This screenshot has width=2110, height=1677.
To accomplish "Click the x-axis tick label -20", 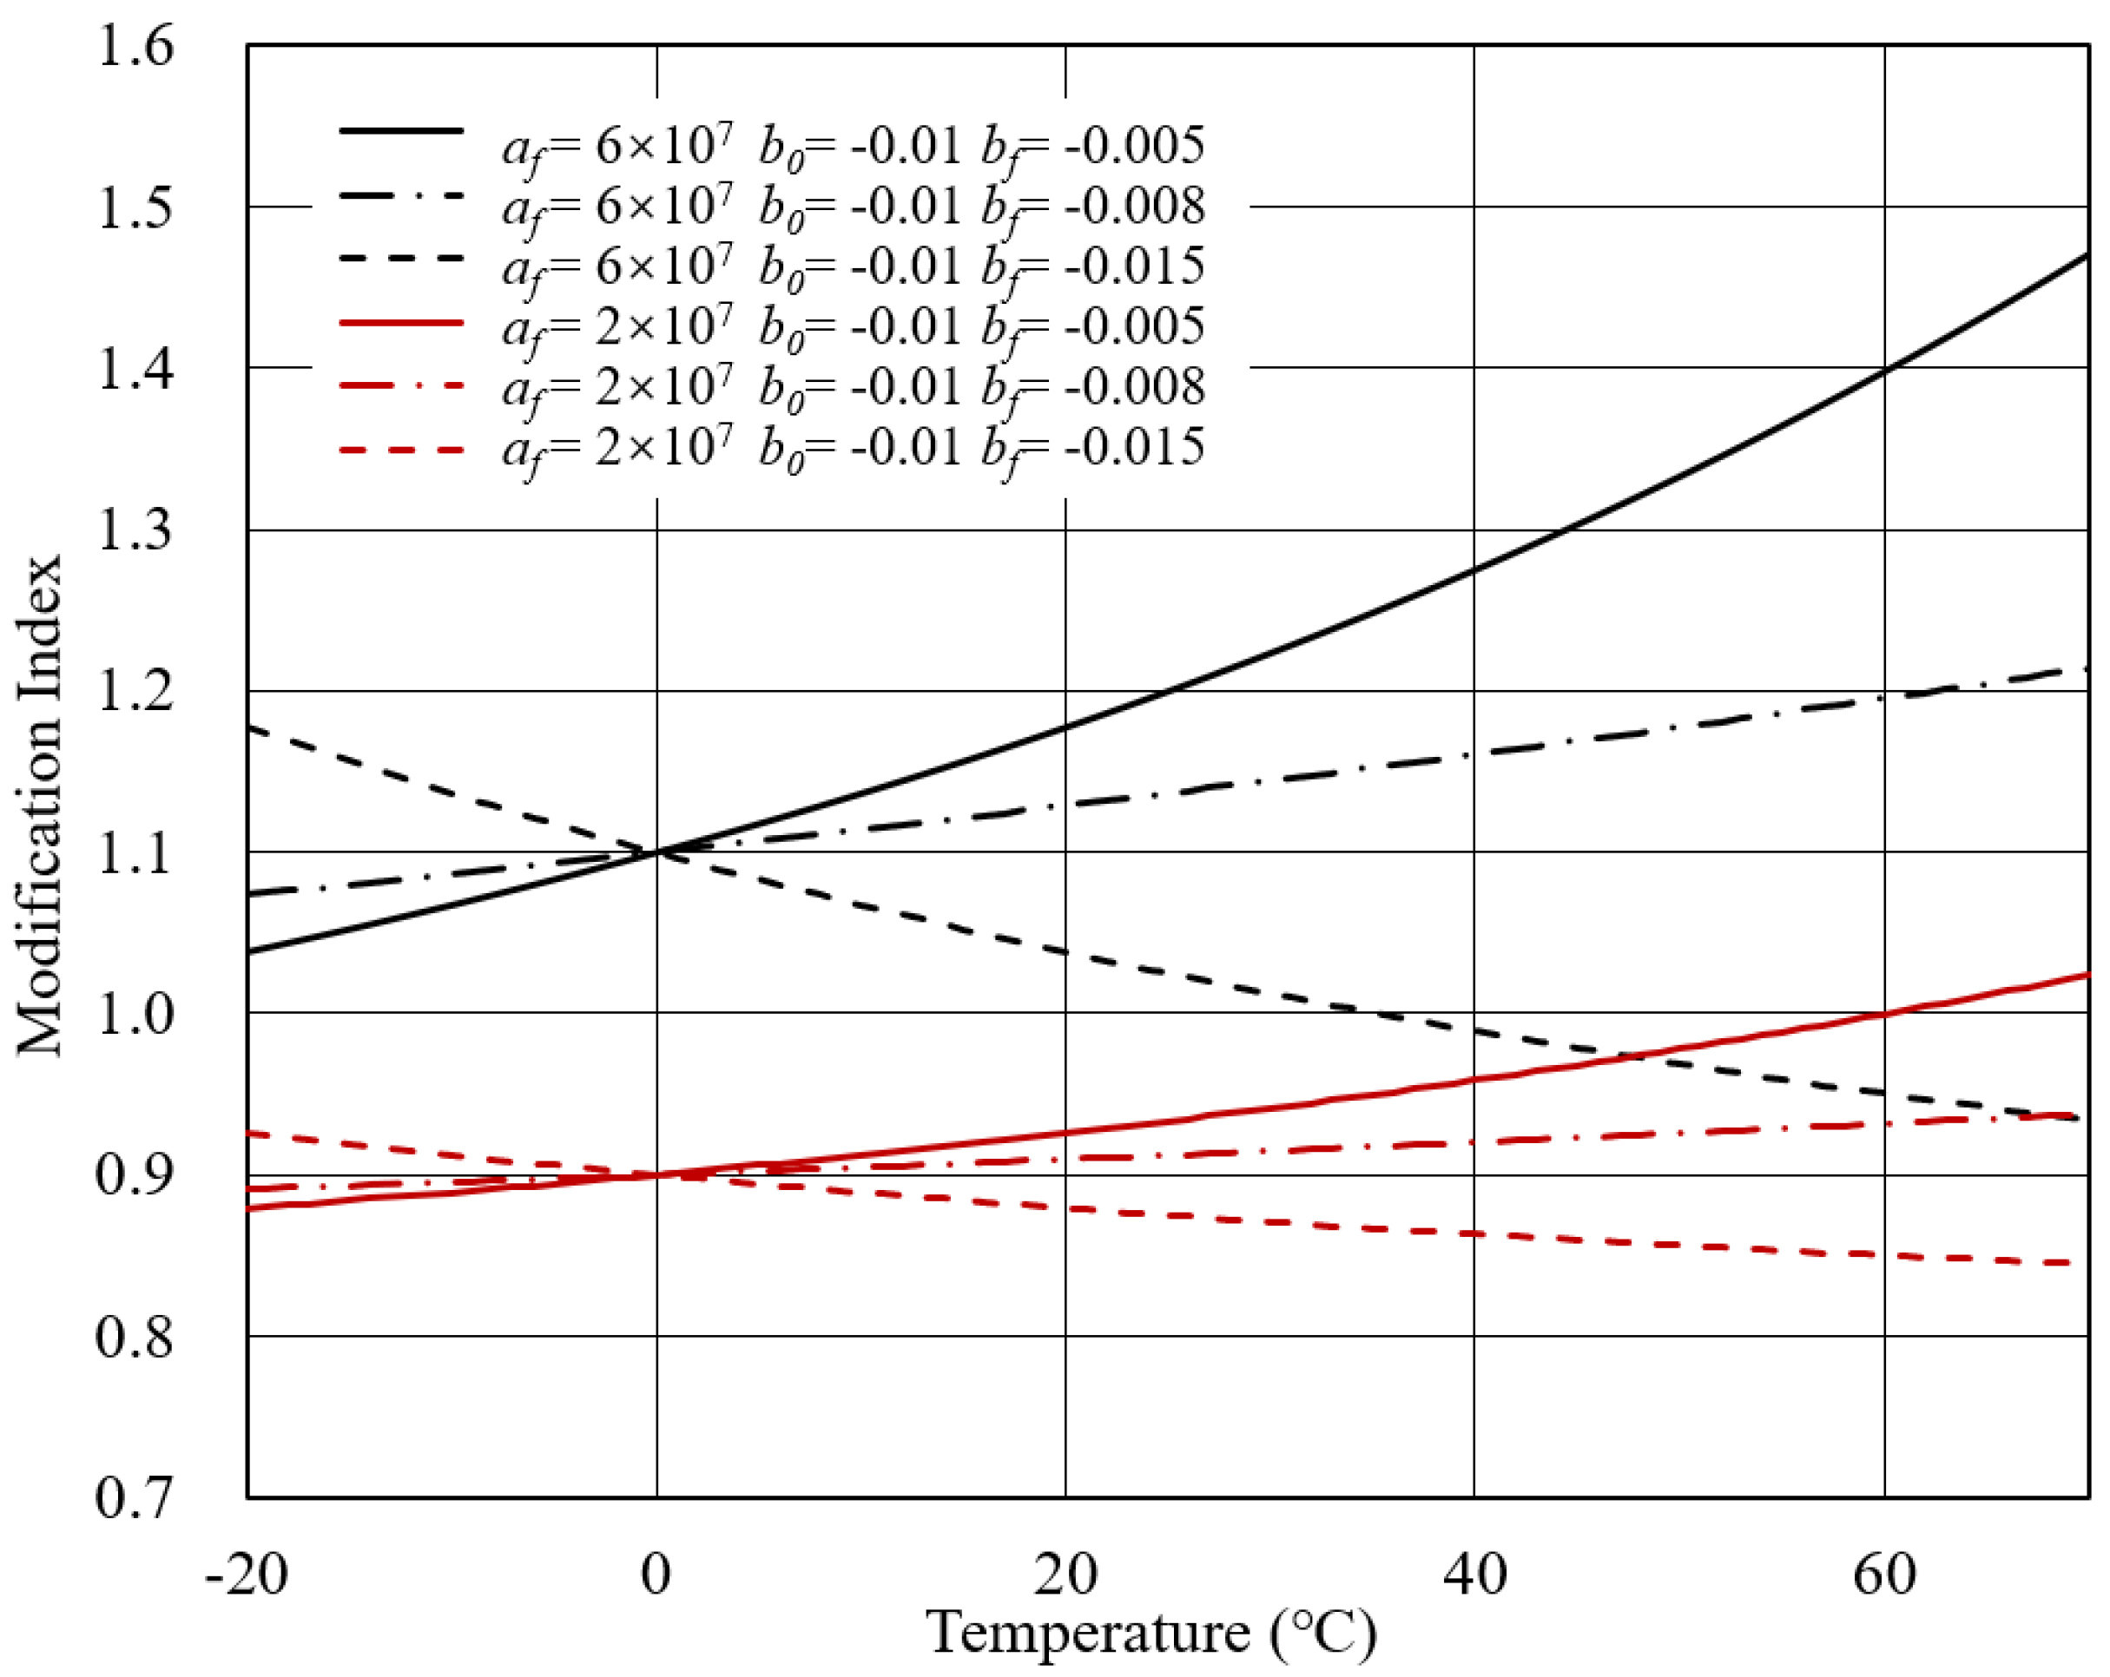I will click(247, 1575).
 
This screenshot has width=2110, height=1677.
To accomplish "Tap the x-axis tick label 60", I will click(1884, 1575).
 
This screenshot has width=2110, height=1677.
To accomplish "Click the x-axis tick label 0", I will click(656, 1575).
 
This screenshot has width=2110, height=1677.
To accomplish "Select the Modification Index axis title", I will click(39, 806).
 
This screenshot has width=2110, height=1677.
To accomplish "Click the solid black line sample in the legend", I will click(401, 130).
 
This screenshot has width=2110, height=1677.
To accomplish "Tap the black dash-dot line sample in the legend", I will click(401, 195).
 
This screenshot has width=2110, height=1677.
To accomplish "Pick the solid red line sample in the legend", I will click(401, 322).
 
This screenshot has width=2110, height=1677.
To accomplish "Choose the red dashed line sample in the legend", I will click(401, 450).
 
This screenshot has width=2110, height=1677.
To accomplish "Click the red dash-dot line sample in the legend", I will click(401, 385).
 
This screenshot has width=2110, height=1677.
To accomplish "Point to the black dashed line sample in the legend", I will click(401, 257).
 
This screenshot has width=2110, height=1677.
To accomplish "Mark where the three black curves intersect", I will click(656, 852).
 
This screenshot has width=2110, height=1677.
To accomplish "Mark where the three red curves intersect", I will click(656, 1174).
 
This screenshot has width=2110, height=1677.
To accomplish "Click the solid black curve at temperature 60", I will click(1884, 370).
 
